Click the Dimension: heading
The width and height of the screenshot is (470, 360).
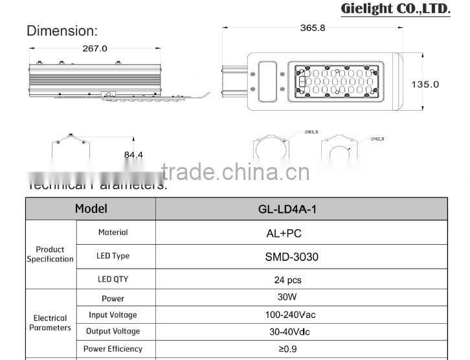pos(62,30)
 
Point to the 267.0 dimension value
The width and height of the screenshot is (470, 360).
pos(95,48)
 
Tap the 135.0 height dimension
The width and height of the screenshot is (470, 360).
pos(425,84)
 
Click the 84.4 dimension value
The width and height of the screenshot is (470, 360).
pos(133,155)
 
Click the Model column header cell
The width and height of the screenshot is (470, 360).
pos(91,208)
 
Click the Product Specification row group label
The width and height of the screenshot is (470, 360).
pos(50,254)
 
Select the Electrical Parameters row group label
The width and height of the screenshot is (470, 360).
pos(50,322)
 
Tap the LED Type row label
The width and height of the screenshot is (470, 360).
pos(113,256)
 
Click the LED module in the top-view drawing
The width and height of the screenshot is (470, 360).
pos(336,85)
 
